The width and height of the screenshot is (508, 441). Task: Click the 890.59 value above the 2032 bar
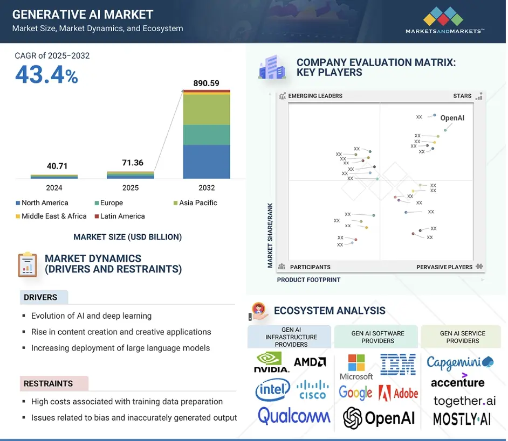[x=207, y=83]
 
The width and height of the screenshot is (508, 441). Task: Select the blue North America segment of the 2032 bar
[x=207, y=162]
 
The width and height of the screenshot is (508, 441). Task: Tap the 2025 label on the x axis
[x=131, y=188]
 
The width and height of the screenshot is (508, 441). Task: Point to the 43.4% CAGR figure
[x=46, y=75]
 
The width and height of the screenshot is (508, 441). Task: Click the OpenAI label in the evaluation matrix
[x=452, y=118]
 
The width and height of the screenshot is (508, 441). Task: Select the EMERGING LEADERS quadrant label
[x=315, y=96]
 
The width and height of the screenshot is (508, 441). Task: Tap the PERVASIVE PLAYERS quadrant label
[x=444, y=267]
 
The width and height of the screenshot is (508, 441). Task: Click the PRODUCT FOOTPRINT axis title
[x=308, y=280]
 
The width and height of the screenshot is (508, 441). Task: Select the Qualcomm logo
[x=294, y=416]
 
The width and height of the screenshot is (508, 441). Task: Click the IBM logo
[x=397, y=365]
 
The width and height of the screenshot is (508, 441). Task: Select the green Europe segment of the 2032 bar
[x=207, y=135]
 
